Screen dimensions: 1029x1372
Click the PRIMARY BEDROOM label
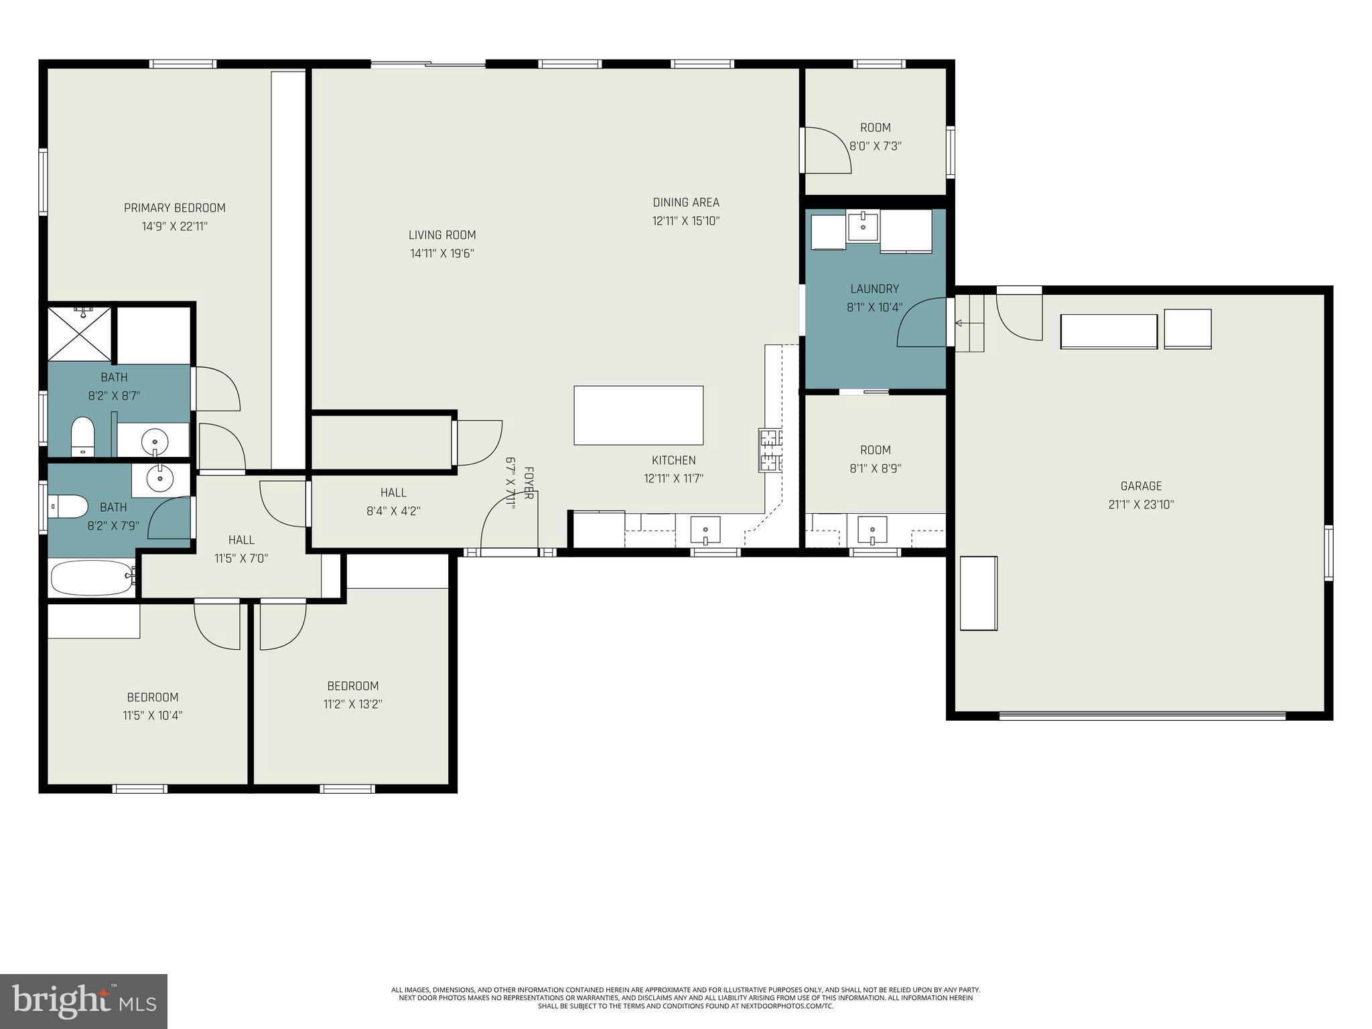click(174, 208)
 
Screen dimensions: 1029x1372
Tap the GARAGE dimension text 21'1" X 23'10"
click(1141, 504)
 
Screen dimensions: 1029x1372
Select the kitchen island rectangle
click(638, 415)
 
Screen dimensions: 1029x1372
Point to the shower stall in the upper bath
click(79, 333)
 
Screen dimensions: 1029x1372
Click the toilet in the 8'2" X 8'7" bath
click(83, 435)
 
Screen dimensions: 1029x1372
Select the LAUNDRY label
click(874, 289)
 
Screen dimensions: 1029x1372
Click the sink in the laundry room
click(863, 227)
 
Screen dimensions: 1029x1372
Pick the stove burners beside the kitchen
click(770, 450)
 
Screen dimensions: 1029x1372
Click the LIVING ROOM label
click(442, 235)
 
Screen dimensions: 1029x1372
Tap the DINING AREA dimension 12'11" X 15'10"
click(685, 220)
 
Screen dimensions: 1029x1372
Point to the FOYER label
click(528, 483)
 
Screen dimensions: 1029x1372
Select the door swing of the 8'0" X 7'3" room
click(827, 151)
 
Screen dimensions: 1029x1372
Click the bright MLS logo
click(84, 1001)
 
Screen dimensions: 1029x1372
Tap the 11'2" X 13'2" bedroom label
click(352, 686)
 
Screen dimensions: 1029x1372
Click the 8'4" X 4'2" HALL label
click(393, 492)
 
